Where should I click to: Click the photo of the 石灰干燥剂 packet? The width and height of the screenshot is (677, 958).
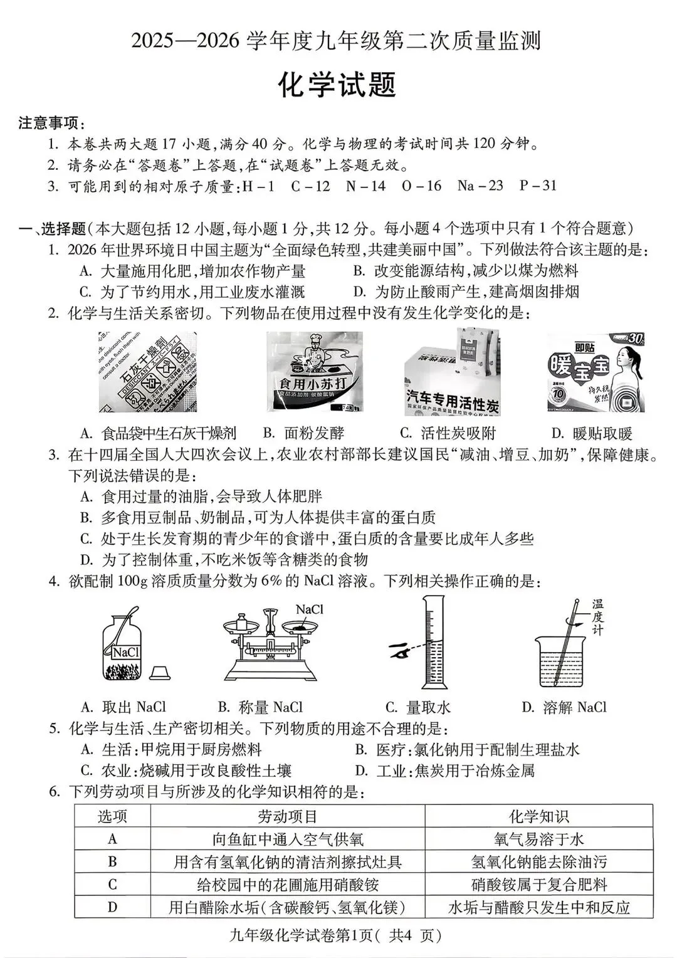pos(148,372)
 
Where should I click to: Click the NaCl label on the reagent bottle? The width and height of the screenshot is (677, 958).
pos(125,653)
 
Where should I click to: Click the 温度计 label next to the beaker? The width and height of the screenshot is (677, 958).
pos(597,618)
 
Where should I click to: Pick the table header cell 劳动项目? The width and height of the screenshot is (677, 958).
pos(287,816)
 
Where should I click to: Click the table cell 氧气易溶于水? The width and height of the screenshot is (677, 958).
pos(538,840)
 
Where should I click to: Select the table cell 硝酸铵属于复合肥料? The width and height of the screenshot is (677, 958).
pos(538,885)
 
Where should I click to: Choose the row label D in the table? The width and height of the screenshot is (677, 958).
pos(112,907)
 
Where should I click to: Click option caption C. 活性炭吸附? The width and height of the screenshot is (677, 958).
pos(448,433)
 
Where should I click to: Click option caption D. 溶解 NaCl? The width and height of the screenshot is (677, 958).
pos(564,708)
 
